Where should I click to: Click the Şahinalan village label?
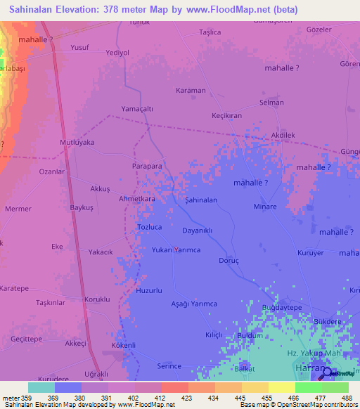tap(201, 200)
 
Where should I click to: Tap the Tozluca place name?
tap(149, 228)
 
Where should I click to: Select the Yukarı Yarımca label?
tap(176, 250)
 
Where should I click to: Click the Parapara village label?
tap(148, 167)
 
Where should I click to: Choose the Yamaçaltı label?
tap(137, 109)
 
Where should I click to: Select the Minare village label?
tap(266, 207)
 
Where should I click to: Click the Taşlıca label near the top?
tap(210, 32)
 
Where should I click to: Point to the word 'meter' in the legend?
tap(11, 398)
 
